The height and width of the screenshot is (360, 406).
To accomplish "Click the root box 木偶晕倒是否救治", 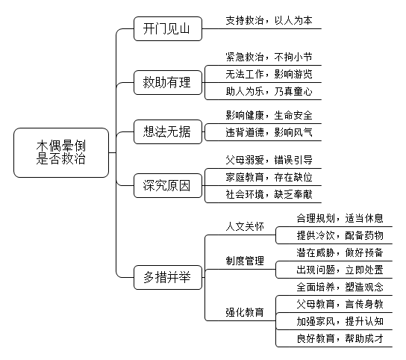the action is tap(61, 152).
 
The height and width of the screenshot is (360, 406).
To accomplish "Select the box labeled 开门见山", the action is tap(168, 29).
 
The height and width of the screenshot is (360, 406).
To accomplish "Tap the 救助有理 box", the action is tap(168, 82).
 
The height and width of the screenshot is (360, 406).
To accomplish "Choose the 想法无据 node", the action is tap(168, 131).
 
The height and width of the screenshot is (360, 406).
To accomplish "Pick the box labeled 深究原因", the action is tap(168, 185).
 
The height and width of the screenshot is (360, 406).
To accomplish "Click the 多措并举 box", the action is tap(168, 277).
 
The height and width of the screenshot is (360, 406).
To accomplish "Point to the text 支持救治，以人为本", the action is tap(269, 20).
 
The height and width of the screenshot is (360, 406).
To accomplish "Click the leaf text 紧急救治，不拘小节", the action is tap(269, 57).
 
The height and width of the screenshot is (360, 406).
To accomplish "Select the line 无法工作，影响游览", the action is tap(269, 75).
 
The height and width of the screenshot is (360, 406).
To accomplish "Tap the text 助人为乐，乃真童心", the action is tap(269, 91).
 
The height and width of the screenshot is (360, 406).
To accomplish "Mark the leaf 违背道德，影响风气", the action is tap(269, 132).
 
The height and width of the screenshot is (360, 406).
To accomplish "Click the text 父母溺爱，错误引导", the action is tap(269, 160).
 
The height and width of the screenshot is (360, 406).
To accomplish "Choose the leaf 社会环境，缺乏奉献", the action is tap(269, 194).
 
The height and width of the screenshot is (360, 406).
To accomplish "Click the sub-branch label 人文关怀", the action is tap(245, 226).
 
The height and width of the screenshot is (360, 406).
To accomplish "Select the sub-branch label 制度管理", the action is tap(245, 261).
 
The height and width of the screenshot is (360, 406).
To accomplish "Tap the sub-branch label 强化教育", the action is tap(245, 312).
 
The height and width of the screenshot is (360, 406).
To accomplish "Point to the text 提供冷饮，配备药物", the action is tap(340, 235).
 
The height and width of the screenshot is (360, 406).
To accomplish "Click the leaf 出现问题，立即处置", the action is tap(340, 270).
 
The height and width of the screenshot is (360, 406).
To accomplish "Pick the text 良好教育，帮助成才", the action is tap(340, 338).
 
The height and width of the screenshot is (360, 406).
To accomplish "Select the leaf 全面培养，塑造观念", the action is tap(340, 287).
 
